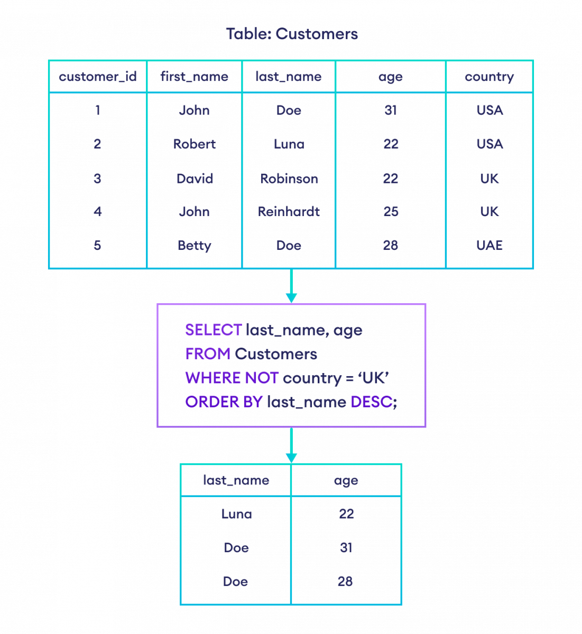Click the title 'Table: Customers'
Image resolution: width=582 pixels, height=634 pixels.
pyautogui.click(x=292, y=34)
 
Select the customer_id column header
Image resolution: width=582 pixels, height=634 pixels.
pyautogui.click(x=97, y=77)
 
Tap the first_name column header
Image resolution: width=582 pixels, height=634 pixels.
pyautogui.click(x=194, y=77)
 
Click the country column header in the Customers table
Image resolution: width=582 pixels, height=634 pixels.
pyautogui.click(x=489, y=77)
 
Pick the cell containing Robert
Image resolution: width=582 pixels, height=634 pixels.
pyautogui.click(x=195, y=144)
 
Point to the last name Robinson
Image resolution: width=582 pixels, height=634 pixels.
pyautogui.click(x=289, y=179)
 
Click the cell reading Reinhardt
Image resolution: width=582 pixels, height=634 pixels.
pyautogui.click(x=289, y=212)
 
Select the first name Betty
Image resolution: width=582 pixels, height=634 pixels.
pyautogui.click(x=194, y=246)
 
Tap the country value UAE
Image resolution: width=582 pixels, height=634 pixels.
pyautogui.click(x=489, y=245)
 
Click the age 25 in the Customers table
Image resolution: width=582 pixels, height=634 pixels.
pyautogui.click(x=391, y=212)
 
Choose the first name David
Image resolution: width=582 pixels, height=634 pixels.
pyautogui.click(x=195, y=179)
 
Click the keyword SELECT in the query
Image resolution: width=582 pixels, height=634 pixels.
pyautogui.click(x=213, y=330)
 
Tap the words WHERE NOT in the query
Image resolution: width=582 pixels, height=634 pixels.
pyautogui.click(x=232, y=378)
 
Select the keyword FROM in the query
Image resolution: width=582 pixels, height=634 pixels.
pyautogui.click(x=208, y=354)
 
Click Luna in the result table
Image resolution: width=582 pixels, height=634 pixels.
pyautogui.click(x=236, y=514)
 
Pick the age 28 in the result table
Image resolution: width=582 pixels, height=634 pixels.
pyautogui.click(x=345, y=582)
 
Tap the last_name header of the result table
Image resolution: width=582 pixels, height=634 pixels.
pyautogui.click(x=236, y=481)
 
